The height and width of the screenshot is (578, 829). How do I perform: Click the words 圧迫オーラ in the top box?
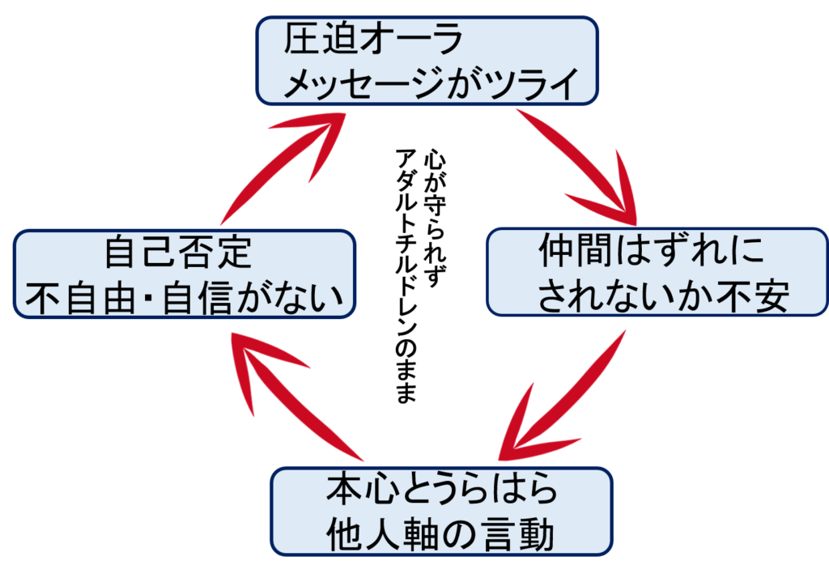pyautogui.click(x=372, y=39)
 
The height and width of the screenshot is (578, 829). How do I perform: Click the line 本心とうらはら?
pyautogui.click(x=441, y=489)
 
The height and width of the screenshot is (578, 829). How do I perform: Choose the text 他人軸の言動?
pyautogui.click(x=440, y=533)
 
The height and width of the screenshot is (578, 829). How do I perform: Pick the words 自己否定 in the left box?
pyautogui.click(x=177, y=252)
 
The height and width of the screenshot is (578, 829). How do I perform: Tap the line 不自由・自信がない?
pyautogui.click(x=185, y=298)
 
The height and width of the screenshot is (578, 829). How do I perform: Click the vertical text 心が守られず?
pyautogui.click(x=435, y=217)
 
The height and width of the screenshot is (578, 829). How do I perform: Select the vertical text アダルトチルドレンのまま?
pyautogui.click(x=406, y=275)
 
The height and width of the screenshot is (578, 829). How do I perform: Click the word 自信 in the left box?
pyautogui.click(x=198, y=298)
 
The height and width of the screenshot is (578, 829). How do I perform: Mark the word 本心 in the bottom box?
pyautogui.click(x=363, y=489)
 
